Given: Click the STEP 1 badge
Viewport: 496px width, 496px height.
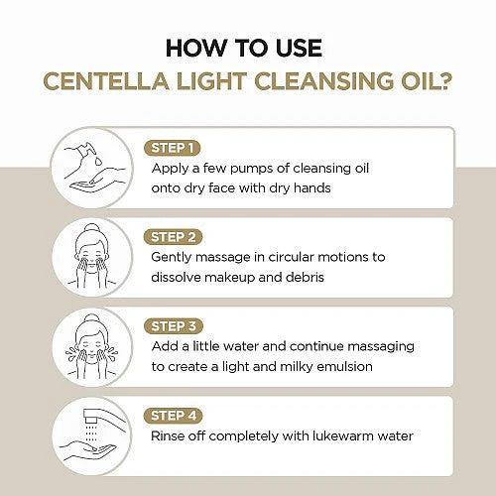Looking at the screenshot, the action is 173,148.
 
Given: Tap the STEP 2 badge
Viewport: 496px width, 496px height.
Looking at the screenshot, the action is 173,237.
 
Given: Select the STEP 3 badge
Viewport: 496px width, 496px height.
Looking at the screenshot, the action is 174,326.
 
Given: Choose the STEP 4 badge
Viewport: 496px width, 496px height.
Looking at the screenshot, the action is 174,416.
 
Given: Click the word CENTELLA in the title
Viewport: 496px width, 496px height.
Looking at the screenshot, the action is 106,81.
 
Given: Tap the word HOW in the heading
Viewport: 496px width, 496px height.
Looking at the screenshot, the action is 194,49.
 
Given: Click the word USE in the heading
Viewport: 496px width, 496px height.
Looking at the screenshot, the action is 299,49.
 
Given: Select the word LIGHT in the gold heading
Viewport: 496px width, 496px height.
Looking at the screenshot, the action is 211,81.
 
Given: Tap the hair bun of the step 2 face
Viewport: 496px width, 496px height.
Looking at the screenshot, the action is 92,229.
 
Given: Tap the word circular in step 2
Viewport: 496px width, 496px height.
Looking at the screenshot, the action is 291,257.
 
